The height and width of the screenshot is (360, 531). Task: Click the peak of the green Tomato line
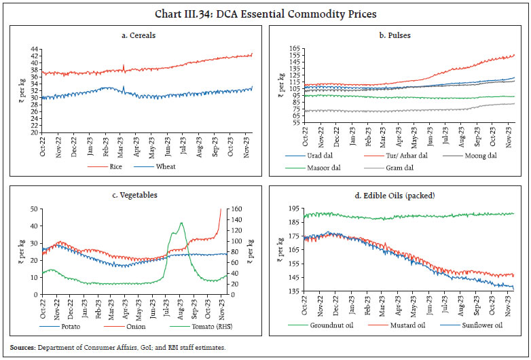coord(181,223)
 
